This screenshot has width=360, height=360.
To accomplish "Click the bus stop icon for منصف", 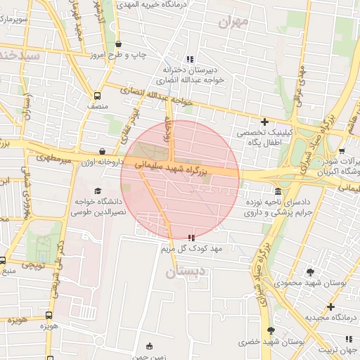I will tap(97, 96).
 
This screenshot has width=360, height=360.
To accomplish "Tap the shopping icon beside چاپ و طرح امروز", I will tap(117, 44).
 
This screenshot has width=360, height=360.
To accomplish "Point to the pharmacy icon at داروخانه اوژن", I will tap(103, 151).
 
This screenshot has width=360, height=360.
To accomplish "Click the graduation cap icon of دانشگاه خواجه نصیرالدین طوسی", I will tap(97, 191).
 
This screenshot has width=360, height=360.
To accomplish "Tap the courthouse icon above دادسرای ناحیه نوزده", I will tap(279, 191).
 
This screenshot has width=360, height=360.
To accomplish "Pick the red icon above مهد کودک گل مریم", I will tap(191, 238).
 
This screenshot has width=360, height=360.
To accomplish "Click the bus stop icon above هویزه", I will tap(49, 316).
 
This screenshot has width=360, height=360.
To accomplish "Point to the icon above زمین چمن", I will tap(148, 346).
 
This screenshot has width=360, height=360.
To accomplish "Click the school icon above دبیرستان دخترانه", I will tap(188, 59).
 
